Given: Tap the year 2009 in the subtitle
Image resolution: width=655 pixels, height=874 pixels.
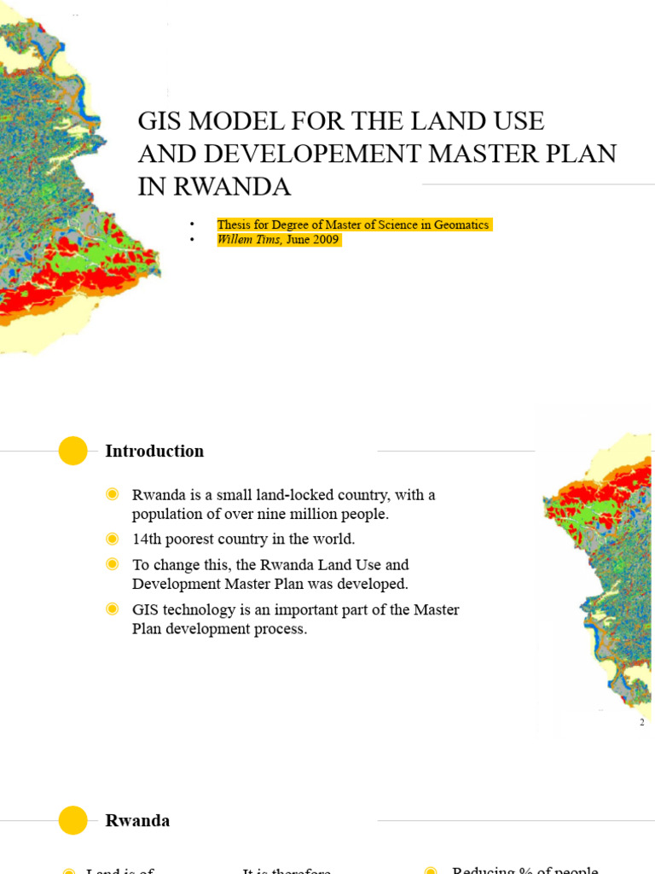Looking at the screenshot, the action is click(325, 240).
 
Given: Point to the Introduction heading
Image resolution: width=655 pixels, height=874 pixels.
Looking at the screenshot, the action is click(154, 451).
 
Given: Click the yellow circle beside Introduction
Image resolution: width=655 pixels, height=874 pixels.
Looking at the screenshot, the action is click(73, 451).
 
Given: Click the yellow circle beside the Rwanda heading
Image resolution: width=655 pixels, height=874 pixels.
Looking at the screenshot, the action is click(73, 820).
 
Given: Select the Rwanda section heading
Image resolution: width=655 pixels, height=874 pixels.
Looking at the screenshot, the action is click(137, 820).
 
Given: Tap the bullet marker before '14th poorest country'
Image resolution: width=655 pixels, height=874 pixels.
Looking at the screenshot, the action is click(112, 539).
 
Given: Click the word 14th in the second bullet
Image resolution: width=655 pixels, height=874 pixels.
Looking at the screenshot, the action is click(147, 539).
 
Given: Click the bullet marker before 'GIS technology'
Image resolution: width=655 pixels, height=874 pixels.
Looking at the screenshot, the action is click(112, 609).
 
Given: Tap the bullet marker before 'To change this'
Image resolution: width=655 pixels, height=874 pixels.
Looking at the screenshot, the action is click(112, 564).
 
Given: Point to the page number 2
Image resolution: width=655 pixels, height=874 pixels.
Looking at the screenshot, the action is click(642, 722).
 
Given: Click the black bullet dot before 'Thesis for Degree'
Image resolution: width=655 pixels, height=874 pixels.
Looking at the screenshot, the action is click(194, 224).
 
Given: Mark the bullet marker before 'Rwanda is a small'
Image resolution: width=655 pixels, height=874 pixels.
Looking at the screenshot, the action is click(112, 495).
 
